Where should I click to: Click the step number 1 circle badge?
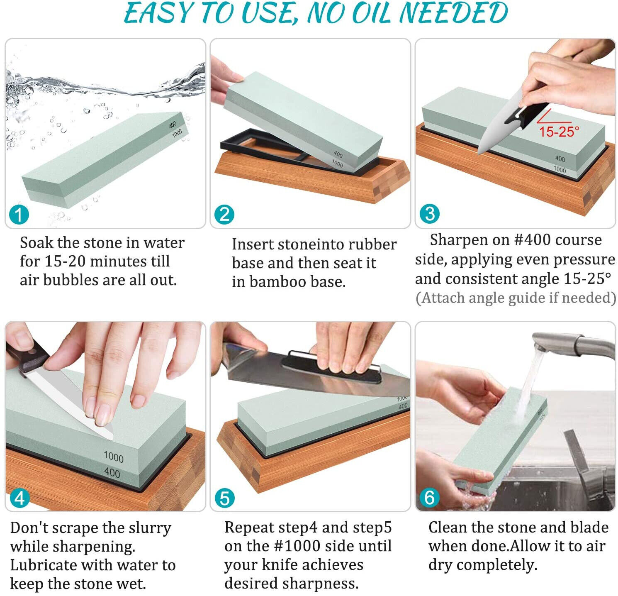[x=19, y=215]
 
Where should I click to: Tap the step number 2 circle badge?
[x=224, y=215]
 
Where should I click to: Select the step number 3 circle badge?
[x=429, y=214]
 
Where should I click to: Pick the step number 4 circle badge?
[x=19, y=498]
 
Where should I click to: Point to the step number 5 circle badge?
[x=224, y=498]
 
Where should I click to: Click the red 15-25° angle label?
[x=559, y=132]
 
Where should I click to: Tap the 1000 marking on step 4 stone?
[x=113, y=457]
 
